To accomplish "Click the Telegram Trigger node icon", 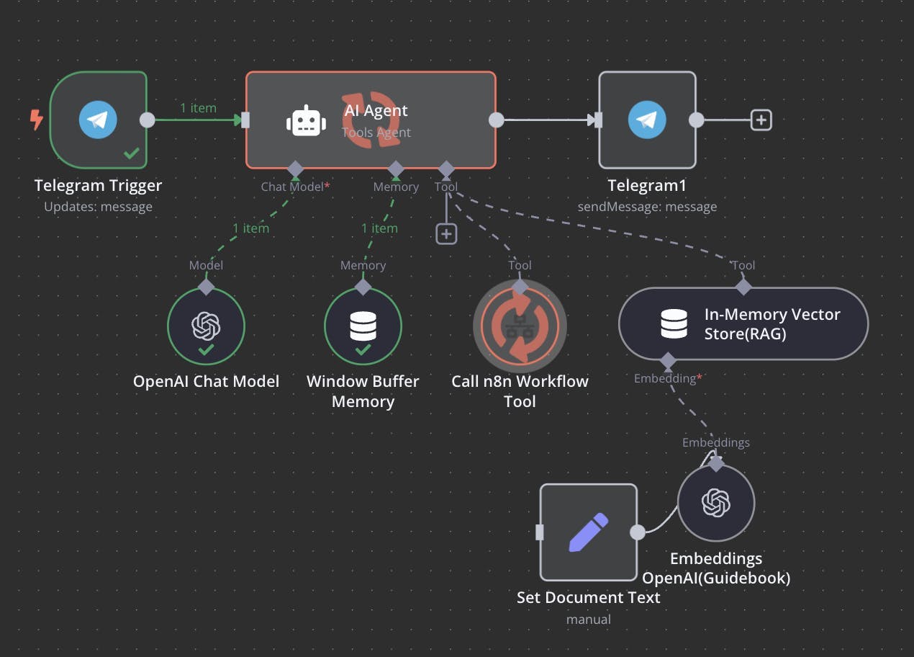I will click(98, 120).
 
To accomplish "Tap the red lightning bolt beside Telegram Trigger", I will click(36, 120).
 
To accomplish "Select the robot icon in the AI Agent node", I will click(306, 121).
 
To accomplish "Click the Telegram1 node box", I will click(647, 120).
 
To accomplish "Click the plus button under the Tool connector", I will click(446, 233).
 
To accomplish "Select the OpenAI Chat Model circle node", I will click(206, 327).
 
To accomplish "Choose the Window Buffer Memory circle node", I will click(363, 327).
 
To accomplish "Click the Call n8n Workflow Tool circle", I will click(520, 327).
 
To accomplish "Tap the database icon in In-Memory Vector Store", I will click(674, 323).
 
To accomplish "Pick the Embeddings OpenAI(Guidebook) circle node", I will click(715, 503).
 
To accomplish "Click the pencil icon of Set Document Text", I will click(589, 532).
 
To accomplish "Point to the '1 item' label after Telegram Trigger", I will click(198, 108).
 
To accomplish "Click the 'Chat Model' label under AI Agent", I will click(292, 187).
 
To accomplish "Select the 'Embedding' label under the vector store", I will click(664, 379).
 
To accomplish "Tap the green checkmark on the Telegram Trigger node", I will click(131, 153).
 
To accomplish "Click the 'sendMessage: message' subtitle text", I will click(647, 207).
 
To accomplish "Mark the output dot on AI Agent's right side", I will click(496, 120).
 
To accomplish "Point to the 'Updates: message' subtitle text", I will click(98, 207).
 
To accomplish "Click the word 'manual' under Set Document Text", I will click(588, 620).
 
